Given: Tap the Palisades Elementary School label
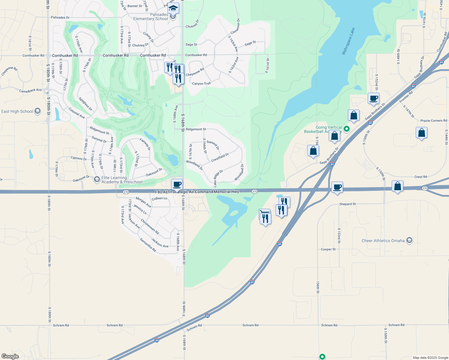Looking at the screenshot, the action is click(x=151, y=17).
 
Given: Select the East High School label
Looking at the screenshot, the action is click(x=17, y=112).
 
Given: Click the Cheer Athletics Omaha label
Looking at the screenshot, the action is click(x=383, y=241).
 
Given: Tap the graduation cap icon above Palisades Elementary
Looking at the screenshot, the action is click(x=173, y=8).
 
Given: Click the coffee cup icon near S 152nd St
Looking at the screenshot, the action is click(x=373, y=98).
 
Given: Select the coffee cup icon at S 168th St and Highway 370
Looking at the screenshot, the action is click(x=177, y=184).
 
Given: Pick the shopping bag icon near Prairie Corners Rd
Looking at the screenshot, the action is click(x=421, y=133).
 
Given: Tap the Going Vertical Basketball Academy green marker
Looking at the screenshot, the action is click(x=347, y=129).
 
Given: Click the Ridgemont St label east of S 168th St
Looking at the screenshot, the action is click(x=196, y=129).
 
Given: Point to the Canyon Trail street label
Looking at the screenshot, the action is click(x=201, y=84).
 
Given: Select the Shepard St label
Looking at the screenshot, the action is click(x=347, y=204).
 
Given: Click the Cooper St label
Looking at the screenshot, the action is click(x=328, y=249).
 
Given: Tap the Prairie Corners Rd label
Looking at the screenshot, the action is click(x=434, y=121).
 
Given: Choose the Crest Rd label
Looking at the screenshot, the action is click(x=420, y=177).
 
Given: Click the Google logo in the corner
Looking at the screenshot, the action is click(x=10, y=356).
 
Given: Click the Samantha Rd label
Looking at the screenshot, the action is click(x=148, y=245).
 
